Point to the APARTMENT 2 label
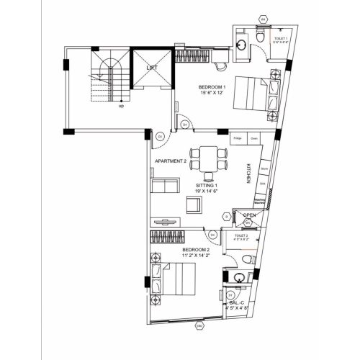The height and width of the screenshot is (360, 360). click(x=171, y=161)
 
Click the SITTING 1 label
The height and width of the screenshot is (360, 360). click(x=207, y=186)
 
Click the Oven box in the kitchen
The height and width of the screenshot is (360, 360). click(x=253, y=138)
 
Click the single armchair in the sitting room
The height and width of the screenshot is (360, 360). click(x=193, y=205)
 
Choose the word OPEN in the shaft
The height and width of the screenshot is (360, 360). click(x=250, y=215)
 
